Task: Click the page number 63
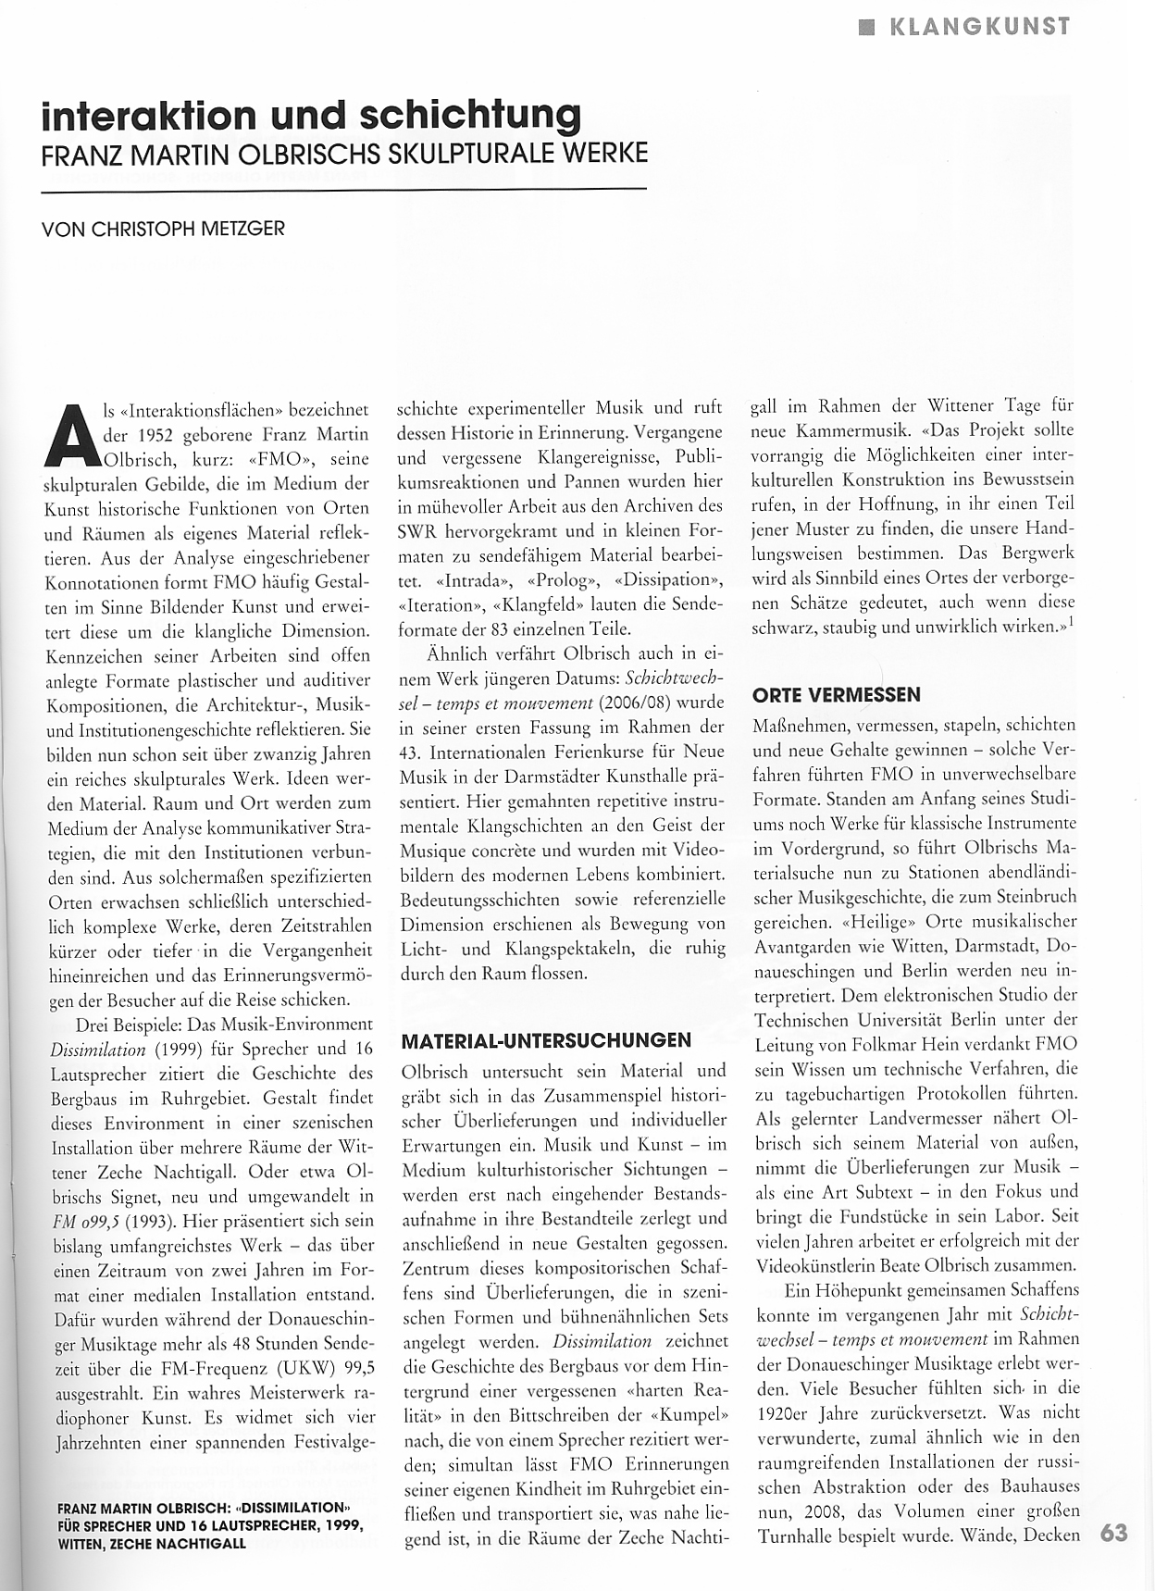[x=1114, y=1532]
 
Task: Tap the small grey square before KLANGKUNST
[x=865, y=27]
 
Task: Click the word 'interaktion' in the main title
[x=149, y=114]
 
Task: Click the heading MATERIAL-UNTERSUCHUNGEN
[x=546, y=1040]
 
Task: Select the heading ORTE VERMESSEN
[x=837, y=694]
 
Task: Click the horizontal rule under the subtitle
[x=342, y=190]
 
